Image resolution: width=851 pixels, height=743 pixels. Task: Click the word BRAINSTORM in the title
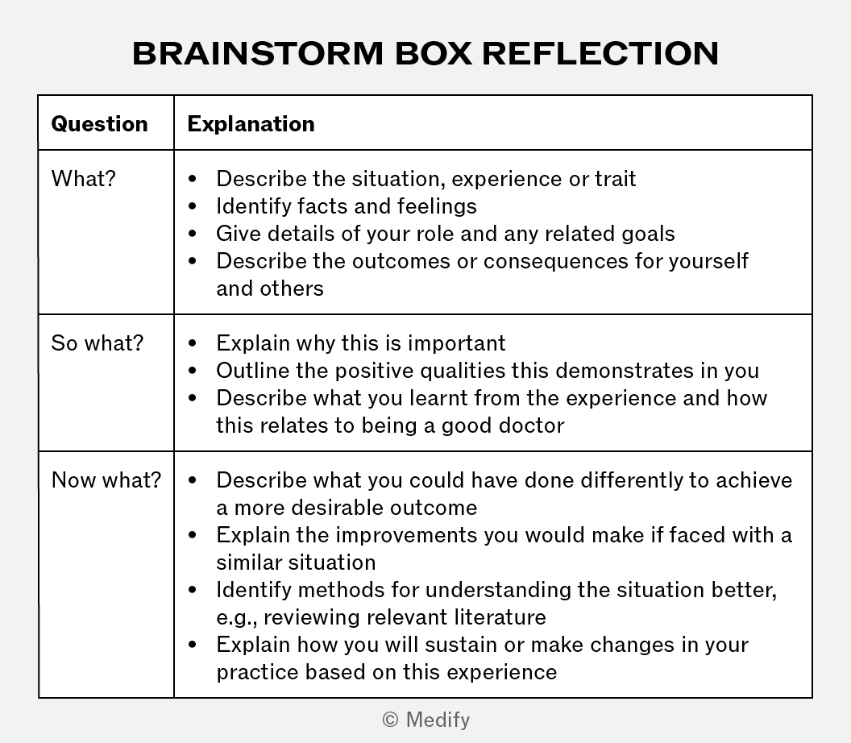point(259,53)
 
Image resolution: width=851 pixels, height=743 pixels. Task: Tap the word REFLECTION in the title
point(600,53)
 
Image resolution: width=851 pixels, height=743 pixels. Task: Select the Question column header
point(99,124)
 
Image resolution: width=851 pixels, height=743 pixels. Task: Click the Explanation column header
point(251,124)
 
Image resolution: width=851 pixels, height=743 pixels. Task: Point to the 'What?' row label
point(84,179)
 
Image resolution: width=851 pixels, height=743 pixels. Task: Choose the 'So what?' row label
point(98,343)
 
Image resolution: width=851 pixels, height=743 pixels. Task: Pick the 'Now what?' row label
point(106,479)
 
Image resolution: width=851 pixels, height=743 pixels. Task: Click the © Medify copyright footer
point(426,720)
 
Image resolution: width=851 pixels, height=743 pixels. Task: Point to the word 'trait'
point(616,179)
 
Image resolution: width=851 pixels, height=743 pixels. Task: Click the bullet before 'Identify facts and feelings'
point(193,206)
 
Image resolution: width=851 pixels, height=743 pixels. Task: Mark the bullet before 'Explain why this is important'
point(193,343)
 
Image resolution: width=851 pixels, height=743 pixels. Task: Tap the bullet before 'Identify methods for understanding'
point(193,590)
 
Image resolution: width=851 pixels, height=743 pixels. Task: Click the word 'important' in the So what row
point(456,343)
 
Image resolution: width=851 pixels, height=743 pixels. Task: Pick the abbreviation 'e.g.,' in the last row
point(237,617)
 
